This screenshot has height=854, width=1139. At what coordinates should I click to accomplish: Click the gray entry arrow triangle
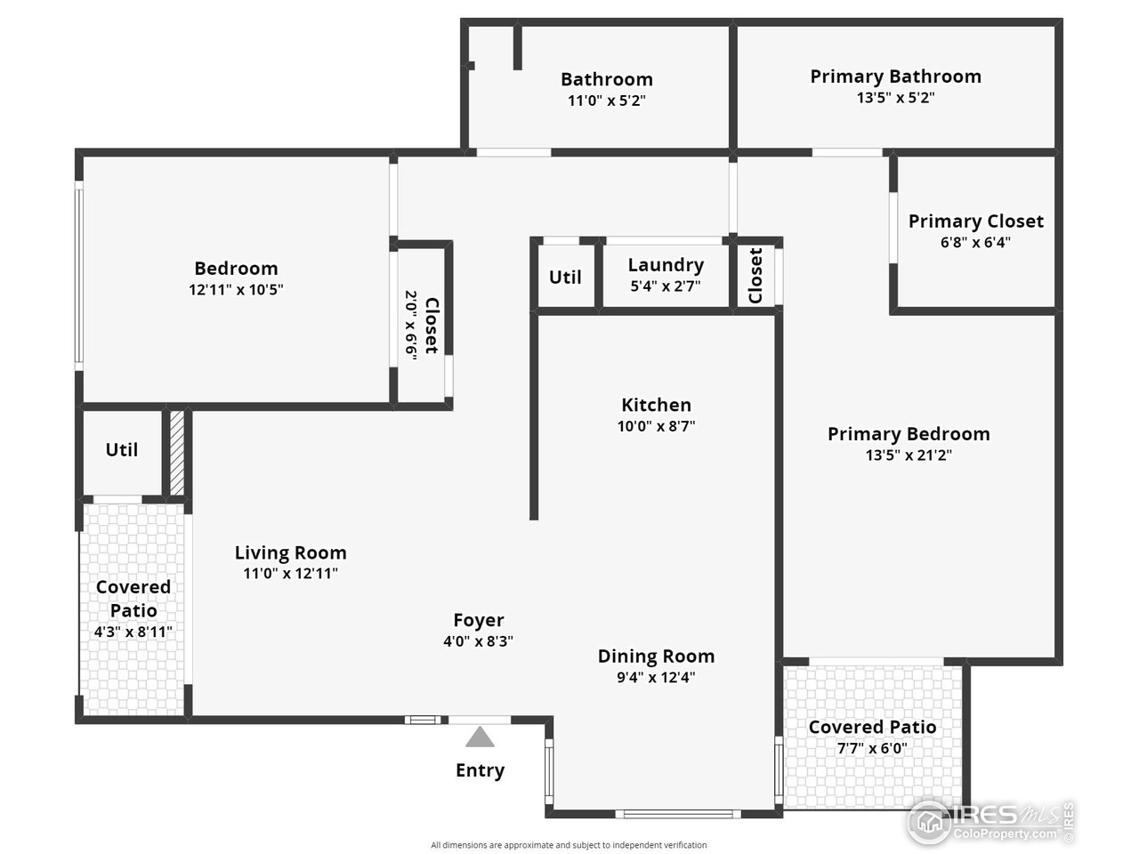coord(480,737)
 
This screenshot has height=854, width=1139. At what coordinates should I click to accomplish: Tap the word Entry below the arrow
coord(480,770)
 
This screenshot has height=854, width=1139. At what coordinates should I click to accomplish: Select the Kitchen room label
coord(656,405)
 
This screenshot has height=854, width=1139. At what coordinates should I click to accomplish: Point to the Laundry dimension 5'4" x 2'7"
coord(665,286)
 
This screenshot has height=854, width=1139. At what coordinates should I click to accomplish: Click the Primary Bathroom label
coord(895,77)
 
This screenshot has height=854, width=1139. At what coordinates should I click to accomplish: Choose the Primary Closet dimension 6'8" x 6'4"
coord(975,242)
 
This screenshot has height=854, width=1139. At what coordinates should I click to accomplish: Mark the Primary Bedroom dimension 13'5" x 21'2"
coord(909,455)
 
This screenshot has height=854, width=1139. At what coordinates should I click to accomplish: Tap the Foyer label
coord(479,620)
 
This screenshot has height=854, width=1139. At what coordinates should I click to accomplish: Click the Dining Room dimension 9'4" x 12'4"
coord(656,677)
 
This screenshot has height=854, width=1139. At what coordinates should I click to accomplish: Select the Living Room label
coord(290,552)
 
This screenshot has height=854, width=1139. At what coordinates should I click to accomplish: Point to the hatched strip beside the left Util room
coord(177,453)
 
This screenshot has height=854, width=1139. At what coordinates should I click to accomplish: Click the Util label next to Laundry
coord(565,277)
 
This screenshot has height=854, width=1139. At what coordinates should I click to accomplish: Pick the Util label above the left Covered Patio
coord(122,450)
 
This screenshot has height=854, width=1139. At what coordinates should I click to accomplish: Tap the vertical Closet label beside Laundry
coord(756,276)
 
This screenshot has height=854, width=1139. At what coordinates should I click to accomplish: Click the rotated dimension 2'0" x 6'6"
coord(411,325)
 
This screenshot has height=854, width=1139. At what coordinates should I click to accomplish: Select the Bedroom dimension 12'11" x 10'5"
coord(236,289)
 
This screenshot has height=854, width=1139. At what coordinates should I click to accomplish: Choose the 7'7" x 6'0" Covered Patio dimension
coord(872,749)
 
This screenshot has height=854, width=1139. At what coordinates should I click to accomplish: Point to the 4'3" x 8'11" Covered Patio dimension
coord(133,632)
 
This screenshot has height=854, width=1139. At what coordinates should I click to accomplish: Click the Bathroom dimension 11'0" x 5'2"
coord(606,101)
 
